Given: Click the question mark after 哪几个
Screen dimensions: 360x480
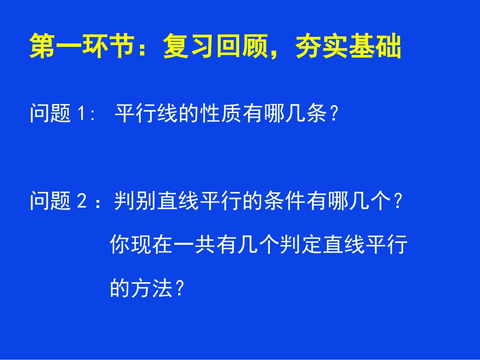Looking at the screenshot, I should [x=398, y=202].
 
